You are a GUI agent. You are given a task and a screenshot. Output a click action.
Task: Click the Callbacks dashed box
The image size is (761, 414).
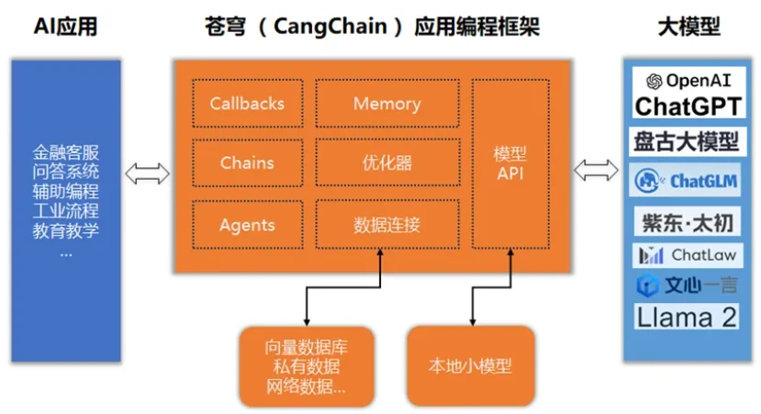point(247,104)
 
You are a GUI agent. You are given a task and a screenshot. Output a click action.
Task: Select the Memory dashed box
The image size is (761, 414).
point(386,104)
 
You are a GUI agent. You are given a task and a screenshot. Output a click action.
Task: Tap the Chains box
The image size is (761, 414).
point(247,163)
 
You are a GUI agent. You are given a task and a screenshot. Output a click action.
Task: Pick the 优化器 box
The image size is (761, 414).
point(386,163)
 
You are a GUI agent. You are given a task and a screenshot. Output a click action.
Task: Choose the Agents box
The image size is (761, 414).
point(247,225)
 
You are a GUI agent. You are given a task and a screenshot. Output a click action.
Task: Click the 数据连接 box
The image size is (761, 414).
point(386,225)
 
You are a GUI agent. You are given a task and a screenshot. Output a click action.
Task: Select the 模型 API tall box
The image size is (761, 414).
point(509,163)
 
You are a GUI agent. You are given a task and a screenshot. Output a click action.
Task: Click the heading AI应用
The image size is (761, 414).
point(65,28)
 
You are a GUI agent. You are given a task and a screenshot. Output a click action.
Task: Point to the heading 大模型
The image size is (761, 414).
point(689,28)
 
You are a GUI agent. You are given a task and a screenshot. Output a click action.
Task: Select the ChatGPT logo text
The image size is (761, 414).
point(688,106)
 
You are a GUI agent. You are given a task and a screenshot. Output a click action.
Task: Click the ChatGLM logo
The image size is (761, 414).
point(687,181)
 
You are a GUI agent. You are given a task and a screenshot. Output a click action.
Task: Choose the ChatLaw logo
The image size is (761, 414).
point(687,254)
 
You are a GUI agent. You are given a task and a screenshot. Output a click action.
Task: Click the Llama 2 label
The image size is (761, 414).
point(687,318)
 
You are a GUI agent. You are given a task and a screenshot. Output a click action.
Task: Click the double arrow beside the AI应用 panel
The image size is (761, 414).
point(147,172)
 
